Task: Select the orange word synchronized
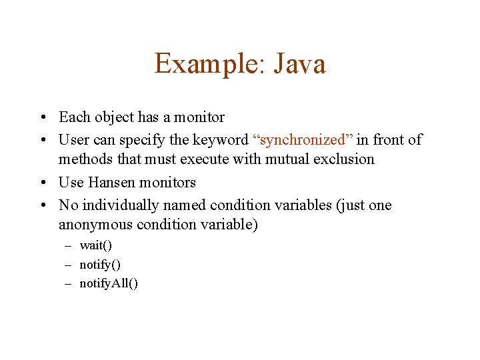coord(303,139)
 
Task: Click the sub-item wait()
coord(96,245)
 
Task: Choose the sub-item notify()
coord(100,265)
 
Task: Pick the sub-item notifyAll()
coord(109,283)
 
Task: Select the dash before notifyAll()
coord(68,283)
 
